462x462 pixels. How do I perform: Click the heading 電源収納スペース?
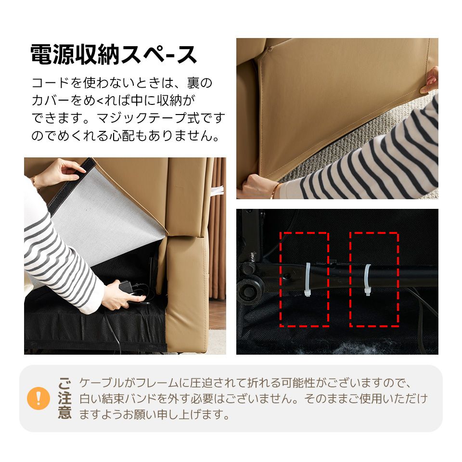pos(114,54)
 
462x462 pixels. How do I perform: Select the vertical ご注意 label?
pos(65,398)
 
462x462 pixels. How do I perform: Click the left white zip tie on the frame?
pos(307,281)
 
